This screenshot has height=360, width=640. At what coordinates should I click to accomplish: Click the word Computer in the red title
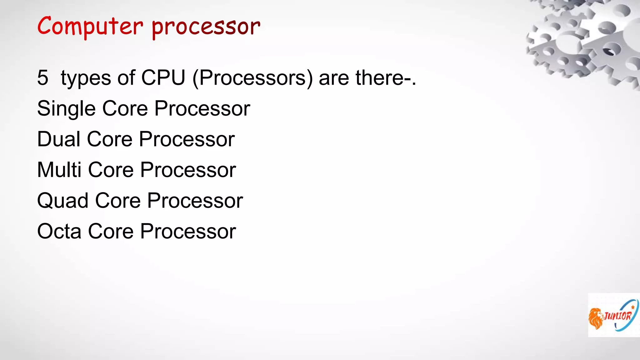pos(90,26)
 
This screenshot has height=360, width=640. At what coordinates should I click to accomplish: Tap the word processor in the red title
pos(206,27)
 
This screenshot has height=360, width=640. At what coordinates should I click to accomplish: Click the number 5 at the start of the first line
pos(43,77)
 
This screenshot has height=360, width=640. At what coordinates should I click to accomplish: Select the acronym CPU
pos(163,77)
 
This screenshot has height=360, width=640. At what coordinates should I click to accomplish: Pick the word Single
pos(66,109)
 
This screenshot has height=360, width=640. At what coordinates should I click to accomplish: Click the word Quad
pos(62,201)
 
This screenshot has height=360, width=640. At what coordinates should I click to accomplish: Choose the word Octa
pos(59,231)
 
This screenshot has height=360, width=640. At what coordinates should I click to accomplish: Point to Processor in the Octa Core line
pos(188,231)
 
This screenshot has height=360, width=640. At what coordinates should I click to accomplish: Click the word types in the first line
pos(86,78)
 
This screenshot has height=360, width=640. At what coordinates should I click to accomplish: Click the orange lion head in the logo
pos(596,318)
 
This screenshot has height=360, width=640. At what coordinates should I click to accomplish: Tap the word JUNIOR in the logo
pos(618,316)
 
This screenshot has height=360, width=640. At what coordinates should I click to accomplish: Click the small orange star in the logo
pos(633,307)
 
